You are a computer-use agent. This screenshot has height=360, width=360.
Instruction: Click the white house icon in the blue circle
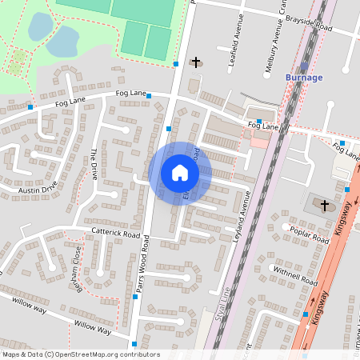[x=180, y=172]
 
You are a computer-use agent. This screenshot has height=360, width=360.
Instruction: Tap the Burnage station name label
[x=304, y=78]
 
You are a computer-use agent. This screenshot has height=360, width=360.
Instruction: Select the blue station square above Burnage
[x=304, y=66]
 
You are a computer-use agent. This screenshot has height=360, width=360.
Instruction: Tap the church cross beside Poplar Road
[x=325, y=206]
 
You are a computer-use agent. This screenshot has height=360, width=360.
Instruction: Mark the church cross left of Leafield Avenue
[x=196, y=62]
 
